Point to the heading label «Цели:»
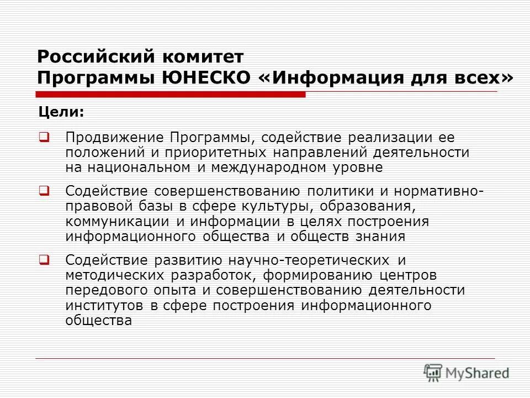click(x=61, y=112)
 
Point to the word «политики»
click(x=338, y=191)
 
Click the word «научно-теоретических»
click(x=306, y=260)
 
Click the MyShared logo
click(x=467, y=373)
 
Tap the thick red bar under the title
click(x=171, y=95)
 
